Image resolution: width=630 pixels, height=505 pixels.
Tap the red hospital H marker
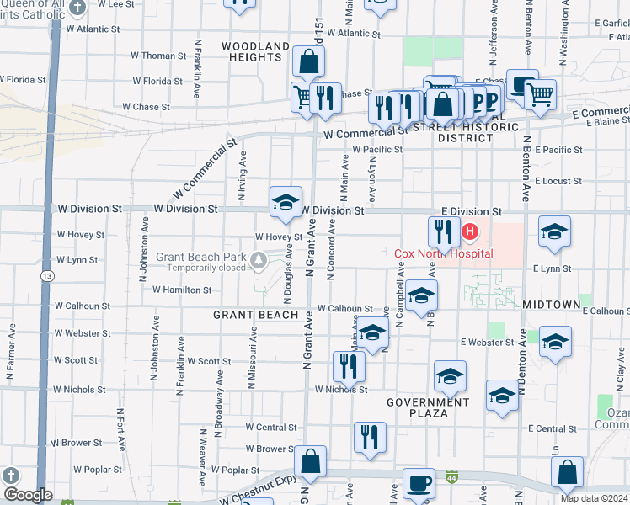pos(470,231)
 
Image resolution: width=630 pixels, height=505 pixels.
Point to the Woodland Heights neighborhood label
pos(253,50)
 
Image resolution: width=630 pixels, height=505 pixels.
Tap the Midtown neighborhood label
pos(552,304)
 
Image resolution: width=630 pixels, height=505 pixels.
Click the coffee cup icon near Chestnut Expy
pos(419,483)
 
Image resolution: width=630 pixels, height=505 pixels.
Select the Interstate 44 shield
pos(452,476)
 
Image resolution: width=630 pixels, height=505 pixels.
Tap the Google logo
pos(28,495)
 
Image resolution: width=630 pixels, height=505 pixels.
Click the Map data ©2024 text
pos(594,498)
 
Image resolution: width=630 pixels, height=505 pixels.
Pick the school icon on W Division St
pos(286,202)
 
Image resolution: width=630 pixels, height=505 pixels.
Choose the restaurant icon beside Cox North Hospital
pos(444,231)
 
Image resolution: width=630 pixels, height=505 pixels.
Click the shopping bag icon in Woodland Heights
pos(309,61)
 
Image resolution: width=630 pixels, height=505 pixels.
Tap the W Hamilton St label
pos(182,290)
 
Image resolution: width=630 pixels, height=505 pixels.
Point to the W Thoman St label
pos(158,56)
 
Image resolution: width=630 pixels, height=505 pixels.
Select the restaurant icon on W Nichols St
pos(346,366)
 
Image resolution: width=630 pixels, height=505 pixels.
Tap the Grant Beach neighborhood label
pos(255,315)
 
